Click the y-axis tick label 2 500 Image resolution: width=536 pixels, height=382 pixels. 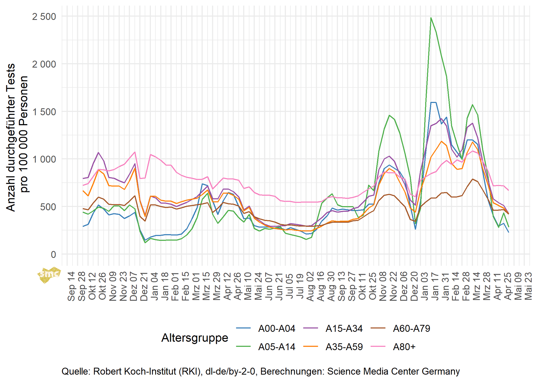tap(44, 17)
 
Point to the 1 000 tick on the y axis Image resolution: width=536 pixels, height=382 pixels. tap(44, 159)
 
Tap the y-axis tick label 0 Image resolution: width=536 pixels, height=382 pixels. tap(53, 254)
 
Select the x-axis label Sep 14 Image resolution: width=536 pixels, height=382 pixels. tap(71, 286)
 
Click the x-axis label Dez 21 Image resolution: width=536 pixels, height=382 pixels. tap(144, 286)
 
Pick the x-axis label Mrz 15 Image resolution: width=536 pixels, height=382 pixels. tap(206, 286)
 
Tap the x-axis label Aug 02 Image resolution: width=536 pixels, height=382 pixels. tap(310, 286)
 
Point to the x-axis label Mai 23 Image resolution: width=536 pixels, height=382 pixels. tap(528, 286)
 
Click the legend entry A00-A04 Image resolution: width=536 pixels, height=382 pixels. tap(276, 328)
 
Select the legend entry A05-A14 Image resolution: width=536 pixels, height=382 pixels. tap(276, 347)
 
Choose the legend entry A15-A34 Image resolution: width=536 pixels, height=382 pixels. tap(344, 328)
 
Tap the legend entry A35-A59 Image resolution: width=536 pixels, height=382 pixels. tap(344, 347)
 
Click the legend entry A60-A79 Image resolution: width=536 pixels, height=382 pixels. tap(411, 328)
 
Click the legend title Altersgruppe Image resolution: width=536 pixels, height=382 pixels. tap(195, 338)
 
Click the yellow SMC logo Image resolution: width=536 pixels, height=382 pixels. tap(49, 275)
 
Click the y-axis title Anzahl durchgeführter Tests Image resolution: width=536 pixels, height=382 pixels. tap(11, 137)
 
